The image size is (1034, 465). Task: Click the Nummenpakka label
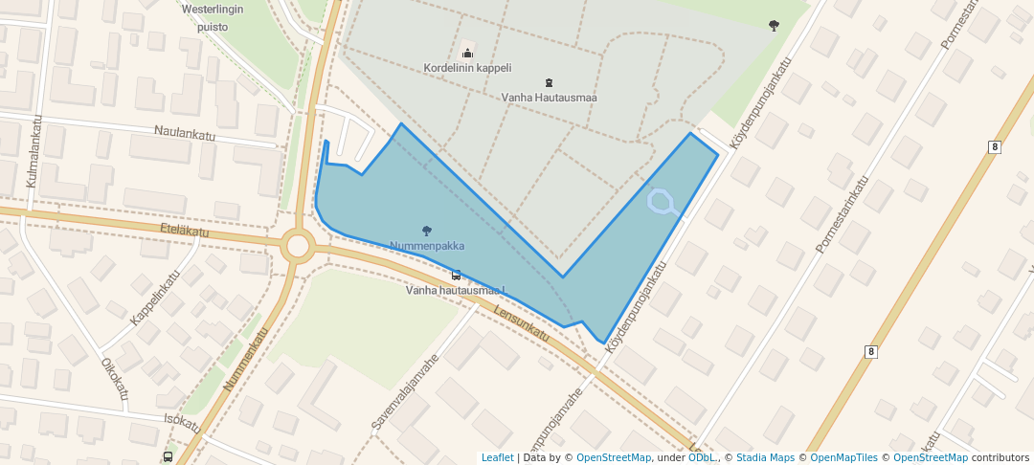427,246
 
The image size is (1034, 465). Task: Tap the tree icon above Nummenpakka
427,230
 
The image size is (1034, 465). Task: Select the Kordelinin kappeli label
468,68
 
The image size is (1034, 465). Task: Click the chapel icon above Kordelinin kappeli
467,53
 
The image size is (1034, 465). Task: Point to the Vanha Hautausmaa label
550,97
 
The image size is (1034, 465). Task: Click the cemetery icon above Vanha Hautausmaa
549,82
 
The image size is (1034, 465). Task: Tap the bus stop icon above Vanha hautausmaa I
456,276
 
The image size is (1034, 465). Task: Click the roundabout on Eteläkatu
298,246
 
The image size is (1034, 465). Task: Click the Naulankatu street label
185,135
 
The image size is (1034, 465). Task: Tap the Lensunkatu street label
522,321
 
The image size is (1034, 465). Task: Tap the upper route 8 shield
996,146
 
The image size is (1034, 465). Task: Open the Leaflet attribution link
497,457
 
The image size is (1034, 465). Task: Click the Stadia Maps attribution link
765,457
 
